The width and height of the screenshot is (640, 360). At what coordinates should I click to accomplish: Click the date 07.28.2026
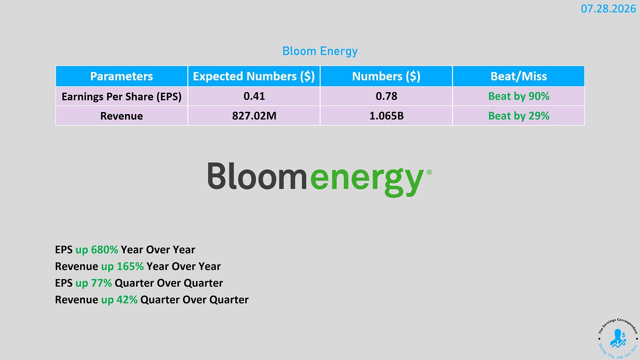(608, 9)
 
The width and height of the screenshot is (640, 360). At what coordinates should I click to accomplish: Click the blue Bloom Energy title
(320, 51)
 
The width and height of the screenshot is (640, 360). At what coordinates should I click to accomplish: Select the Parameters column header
(121, 76)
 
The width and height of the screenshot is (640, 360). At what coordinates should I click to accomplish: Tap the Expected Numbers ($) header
(254, 76)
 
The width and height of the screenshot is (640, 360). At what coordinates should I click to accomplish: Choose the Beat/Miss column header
(519, 76)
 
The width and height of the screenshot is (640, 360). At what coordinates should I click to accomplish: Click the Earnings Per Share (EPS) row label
(121, 97)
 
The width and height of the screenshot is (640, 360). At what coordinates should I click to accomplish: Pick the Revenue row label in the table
(121, 116)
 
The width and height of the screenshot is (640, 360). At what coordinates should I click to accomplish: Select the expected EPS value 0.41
(254, 96)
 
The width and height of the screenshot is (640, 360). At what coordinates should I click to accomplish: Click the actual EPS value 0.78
(386, 96)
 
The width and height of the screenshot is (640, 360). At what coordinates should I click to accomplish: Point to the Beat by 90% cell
(519, 96)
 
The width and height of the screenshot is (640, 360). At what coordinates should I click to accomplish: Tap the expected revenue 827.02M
(254, 116)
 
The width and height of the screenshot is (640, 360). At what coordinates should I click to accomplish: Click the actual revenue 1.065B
(386, 116)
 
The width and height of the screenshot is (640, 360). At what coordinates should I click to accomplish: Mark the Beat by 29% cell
(519, 116)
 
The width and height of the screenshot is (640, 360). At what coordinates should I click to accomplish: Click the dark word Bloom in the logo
(257, 176)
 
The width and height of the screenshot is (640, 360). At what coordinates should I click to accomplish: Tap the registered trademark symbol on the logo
(429, 172)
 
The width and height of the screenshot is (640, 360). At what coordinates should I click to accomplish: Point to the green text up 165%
(122, 266)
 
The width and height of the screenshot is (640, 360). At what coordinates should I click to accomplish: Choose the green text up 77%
(94, 284)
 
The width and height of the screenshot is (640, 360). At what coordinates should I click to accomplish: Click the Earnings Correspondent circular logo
(618, 338)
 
